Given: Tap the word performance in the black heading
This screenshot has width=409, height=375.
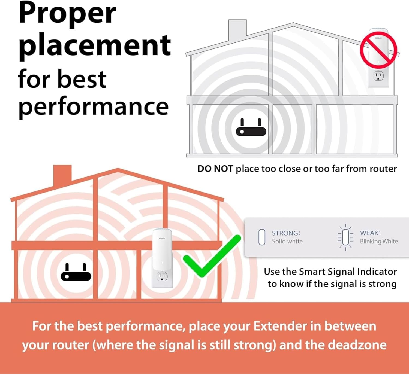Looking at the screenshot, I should [93, 107].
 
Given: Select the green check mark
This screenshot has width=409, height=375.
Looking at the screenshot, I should [212, 256].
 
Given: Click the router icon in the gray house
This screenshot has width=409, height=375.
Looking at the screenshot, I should [251, 128].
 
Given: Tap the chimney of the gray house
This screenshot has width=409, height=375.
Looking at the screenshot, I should [237, 29].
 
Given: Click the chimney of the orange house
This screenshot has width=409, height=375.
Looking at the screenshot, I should [62, 174].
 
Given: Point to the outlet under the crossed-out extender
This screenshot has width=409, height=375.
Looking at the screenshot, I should [378, 76].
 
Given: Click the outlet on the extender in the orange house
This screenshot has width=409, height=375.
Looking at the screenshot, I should [162, 277].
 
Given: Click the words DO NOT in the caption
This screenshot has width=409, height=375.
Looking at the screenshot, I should [215, 169].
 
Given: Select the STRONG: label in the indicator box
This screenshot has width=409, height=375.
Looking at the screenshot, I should [286, 233].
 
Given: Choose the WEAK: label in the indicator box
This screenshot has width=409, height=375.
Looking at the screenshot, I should [370, 233].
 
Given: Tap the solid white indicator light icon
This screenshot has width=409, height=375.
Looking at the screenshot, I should [262, 237].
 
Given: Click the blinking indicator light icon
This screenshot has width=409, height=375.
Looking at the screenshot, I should [345, 237].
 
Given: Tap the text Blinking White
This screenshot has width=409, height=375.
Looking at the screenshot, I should [379, 241].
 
